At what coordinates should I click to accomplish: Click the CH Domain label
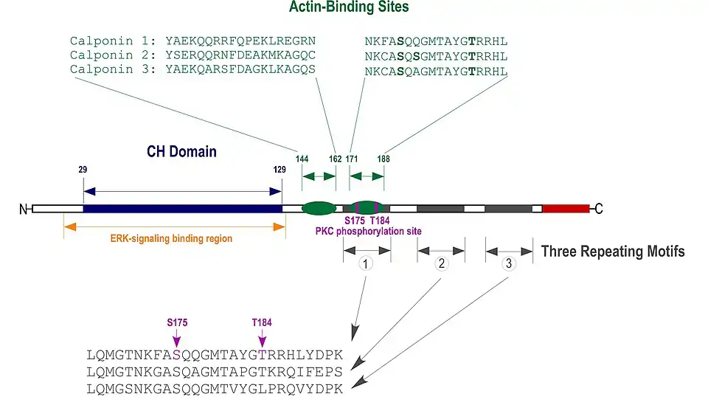coord(181,152)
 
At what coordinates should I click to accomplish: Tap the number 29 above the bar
coord(83,170)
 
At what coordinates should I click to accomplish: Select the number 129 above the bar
coord(279,170)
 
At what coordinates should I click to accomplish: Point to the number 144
coord(302,159)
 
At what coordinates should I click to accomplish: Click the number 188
coord(383,159)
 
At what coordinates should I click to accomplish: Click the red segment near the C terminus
coord(566,209)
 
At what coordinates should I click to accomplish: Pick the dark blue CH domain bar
coord(182,209)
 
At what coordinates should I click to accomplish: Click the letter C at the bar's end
coord(599,209)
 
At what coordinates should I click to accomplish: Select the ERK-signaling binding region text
coord(171,238)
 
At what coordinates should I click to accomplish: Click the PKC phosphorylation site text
coord(368,231)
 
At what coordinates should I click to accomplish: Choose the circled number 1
coord(367,263)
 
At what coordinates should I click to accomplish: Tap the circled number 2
coord(441,263)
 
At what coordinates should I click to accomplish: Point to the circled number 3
coord(508,263)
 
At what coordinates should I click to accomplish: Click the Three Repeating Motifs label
coord(612,252)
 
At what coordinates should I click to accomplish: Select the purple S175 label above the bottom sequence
coord(177,322)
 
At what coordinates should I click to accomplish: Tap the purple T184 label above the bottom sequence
coord(263,322)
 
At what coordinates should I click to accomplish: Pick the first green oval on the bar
coord(319,209)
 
